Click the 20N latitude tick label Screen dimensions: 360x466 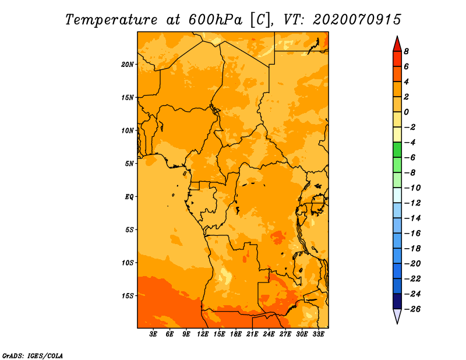pyautogui.click(x=128, y=64)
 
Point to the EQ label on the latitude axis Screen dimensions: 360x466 pyautogui.click(x=129, y=197)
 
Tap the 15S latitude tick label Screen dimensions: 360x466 pyautogui.click(x=128, y=296)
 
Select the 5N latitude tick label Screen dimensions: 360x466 pyautogui.click(x=129, y=164)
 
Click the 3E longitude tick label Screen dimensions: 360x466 pyautogui.click(x=154, y=334)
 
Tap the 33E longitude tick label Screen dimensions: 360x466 pyautogui.click(x=319, y=334)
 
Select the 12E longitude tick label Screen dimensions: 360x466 pyautogui.click(x=203, y=334)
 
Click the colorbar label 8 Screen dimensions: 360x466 pyautogui.click(x=406, y=51)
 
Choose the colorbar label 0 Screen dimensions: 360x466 pyautogui.click(x=406, y=112)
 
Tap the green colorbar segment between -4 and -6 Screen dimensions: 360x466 pyautogui.click(x=397, y=150)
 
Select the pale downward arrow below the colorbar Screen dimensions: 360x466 pyautogui.click(x=397, y=316)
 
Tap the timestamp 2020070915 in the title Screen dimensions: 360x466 pyautogui.click(x=356, y=19)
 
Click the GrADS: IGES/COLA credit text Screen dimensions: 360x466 pyautogui.click(x=32, y=355)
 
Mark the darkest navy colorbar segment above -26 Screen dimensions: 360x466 pyautogui.click(x=397, y=301)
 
